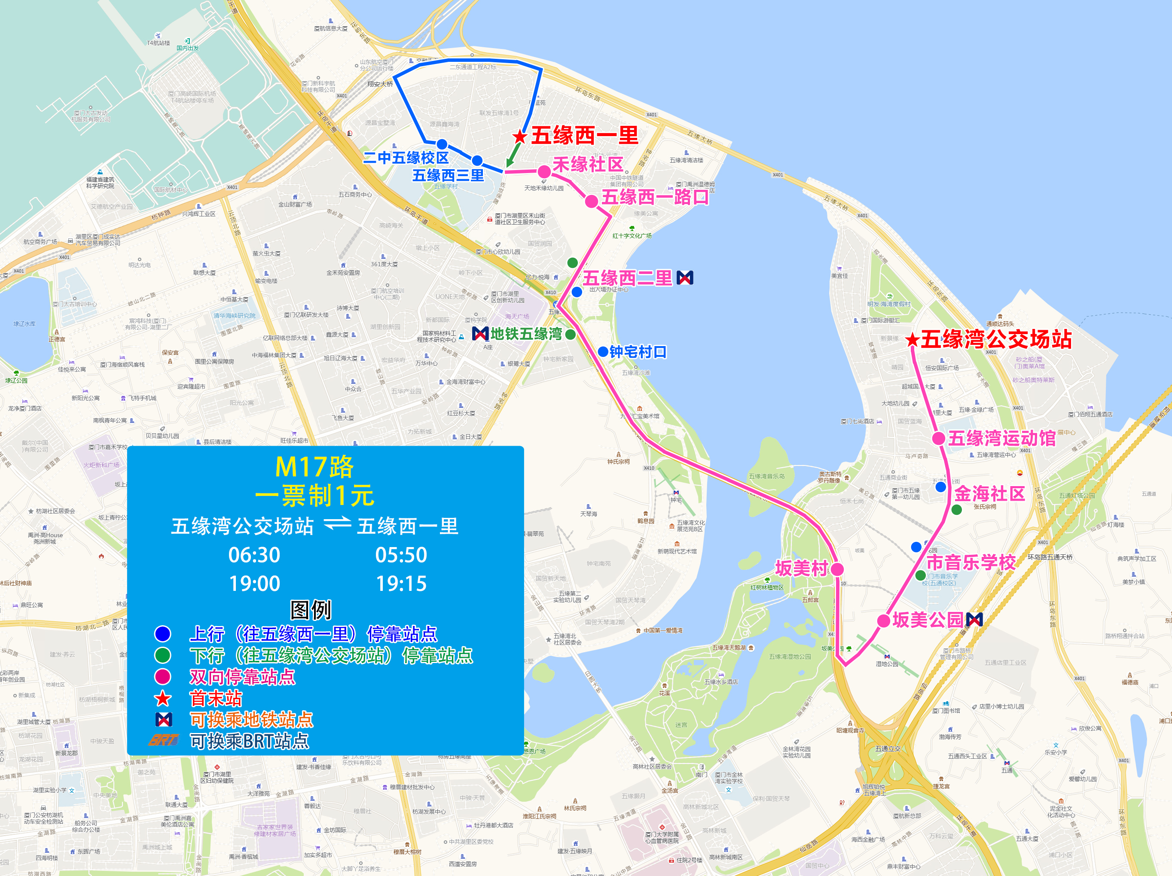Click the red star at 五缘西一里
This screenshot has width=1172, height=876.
(520, 137)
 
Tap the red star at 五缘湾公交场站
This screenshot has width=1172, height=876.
(912, 340)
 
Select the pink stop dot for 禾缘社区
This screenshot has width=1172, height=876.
(544, 172)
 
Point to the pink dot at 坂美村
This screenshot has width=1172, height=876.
(837, 569)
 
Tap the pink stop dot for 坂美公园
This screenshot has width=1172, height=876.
(883, 621)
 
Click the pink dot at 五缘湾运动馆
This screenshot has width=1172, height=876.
(938, 438)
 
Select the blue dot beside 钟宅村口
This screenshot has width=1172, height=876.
(603, 352)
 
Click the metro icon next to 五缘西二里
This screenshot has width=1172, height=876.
(685, 277)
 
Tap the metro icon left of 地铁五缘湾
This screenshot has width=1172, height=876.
(480, 334)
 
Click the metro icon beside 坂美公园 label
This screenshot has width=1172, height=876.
(974, 619)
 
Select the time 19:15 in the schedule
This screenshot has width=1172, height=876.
(401, 584)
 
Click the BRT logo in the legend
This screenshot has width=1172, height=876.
(164, 740)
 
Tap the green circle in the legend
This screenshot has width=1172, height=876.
(163, 655)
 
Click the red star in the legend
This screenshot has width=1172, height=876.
(163, 699)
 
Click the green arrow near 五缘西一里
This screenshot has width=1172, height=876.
(513, 157)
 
